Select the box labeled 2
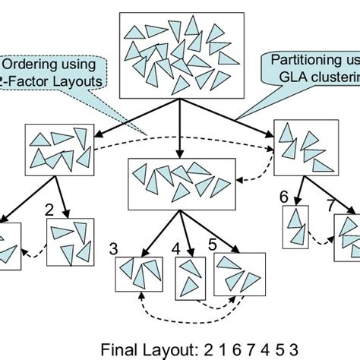[x=70, y=244]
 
